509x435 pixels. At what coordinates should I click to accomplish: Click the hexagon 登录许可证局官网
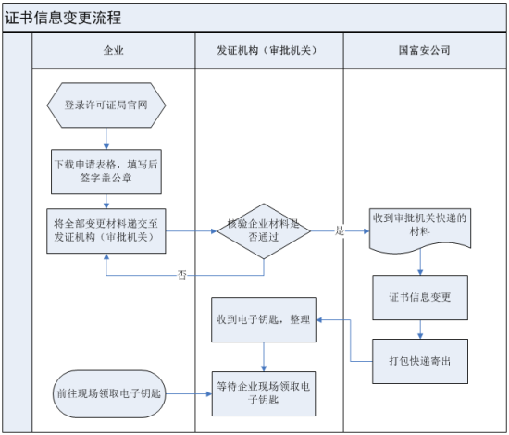(106, 105)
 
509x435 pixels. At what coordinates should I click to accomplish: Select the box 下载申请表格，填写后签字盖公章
(106, 168)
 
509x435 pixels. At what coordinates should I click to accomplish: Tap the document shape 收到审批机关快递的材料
(421, 225)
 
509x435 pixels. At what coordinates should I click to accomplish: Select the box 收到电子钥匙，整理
(265, 319)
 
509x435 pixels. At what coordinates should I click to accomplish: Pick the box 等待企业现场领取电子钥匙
(265, 392)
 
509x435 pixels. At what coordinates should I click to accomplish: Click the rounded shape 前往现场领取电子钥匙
(106, 392)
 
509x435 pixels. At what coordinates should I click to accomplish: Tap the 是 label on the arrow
(340, 230)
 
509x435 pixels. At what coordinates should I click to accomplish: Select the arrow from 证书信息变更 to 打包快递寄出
(421, 328)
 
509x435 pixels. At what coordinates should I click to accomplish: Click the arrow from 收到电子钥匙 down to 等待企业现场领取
(265, 355)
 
